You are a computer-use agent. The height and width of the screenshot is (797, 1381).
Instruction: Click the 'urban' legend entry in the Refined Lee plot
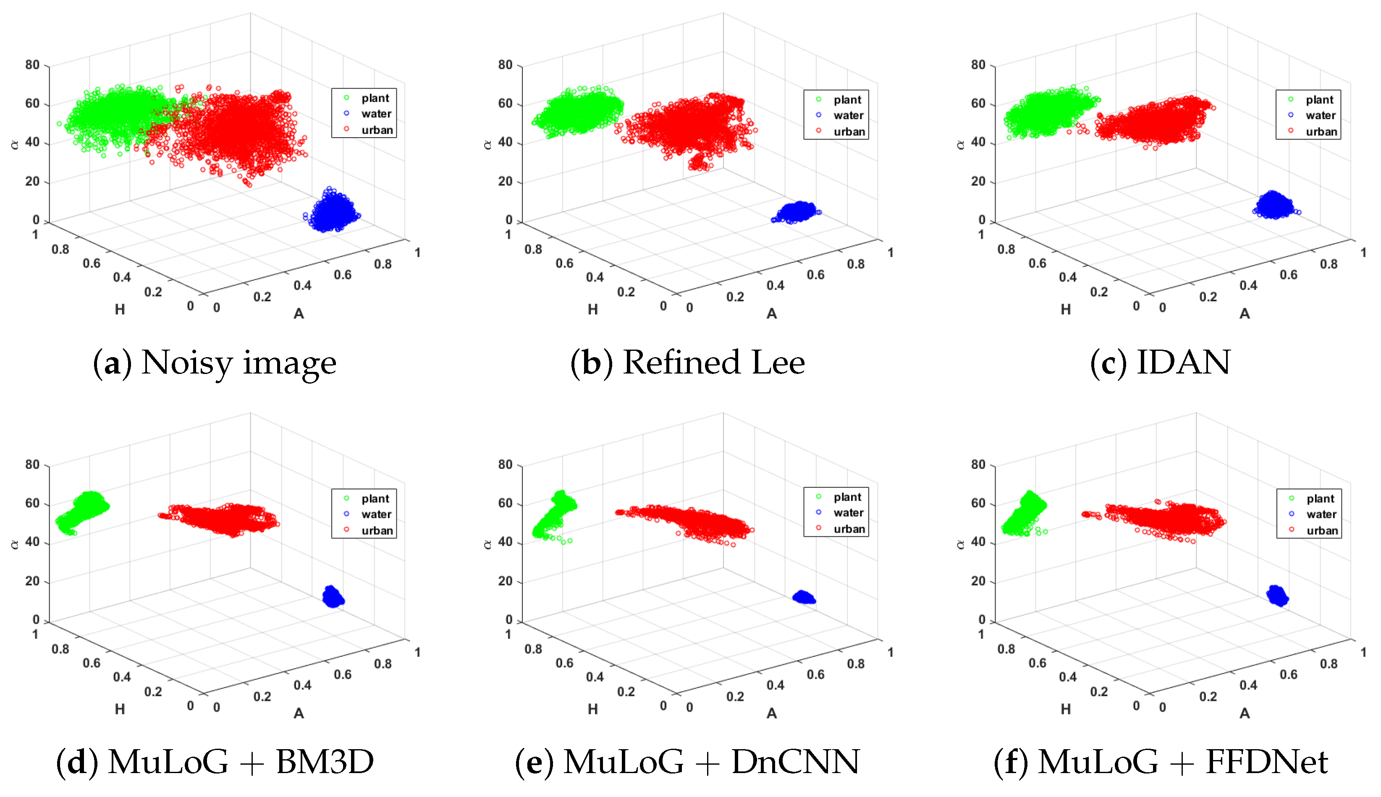click(x=849, y=131)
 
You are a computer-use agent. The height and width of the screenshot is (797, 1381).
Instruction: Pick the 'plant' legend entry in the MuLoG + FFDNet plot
click(x=1320, y=499)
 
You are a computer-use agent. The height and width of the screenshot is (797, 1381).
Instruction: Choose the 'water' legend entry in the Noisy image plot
click(x=376, y=114)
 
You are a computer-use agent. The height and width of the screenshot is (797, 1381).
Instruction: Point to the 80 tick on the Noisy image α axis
click(x=32, y=65)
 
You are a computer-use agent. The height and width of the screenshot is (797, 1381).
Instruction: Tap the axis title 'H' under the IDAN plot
click(x=1065, y=310)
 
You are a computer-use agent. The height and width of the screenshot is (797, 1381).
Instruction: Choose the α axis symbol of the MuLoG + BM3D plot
click(x=15, y=544)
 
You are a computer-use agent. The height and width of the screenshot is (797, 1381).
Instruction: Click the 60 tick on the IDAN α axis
click(x=978, y=104)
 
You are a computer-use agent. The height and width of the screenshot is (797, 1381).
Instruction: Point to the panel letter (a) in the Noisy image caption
click(x=112, y=363)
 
